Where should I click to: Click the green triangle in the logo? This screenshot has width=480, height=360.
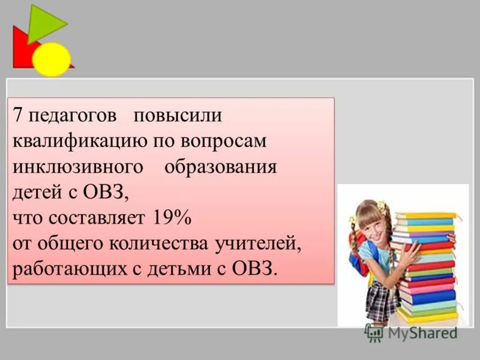point(44,23)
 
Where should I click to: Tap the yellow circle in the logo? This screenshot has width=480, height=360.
point(52,59)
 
